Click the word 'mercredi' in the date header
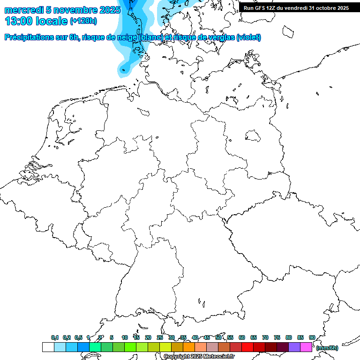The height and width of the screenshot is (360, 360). (24, 10)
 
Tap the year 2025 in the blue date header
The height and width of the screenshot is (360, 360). (110, 10)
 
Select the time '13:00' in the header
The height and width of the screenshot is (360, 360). (19, 21)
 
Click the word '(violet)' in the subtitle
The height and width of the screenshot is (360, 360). (249, 37)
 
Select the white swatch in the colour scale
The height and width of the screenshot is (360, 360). (48, 347)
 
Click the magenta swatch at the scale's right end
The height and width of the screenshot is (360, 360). (306, 347)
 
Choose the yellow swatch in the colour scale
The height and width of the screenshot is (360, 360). (165, 347)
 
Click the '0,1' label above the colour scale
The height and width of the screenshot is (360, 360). (55, 338)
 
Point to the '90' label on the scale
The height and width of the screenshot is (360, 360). (312, 338)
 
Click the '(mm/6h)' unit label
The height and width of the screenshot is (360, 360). (327, 348)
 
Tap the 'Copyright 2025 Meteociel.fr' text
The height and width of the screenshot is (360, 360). (199, 357)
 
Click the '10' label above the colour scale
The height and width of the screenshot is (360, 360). (124, 338)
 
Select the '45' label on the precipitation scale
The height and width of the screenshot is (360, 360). (207, 338)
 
